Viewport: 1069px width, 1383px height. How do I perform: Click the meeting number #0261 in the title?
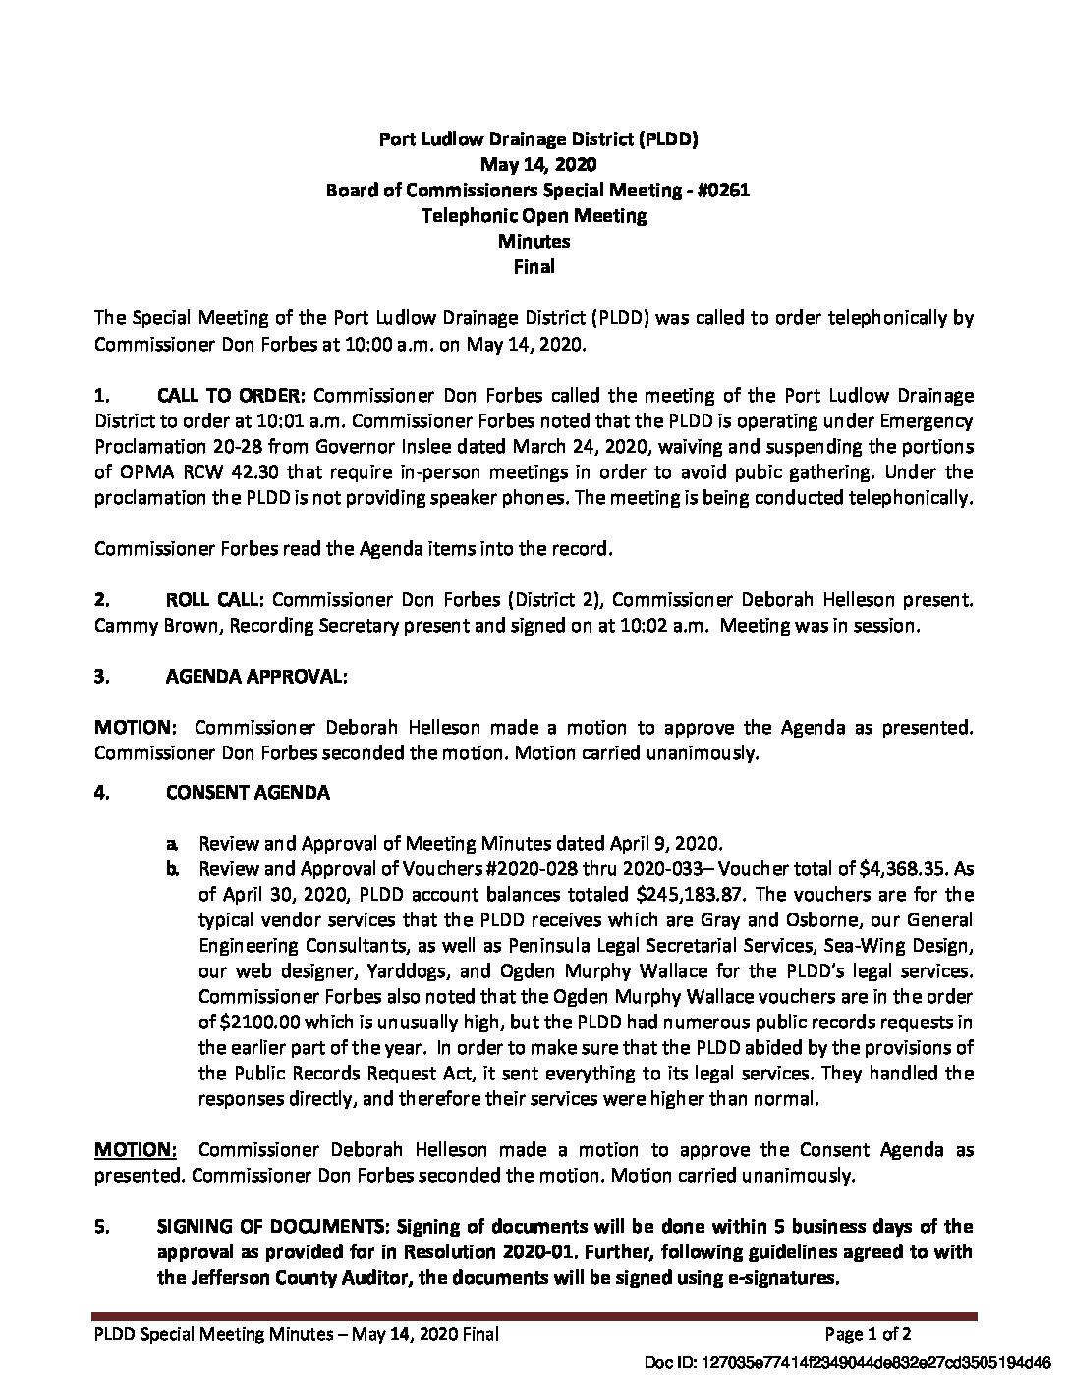click(x=721, y=191)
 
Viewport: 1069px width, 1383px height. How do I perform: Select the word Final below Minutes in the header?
click(x=534, y=266)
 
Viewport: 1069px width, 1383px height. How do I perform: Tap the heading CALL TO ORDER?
click(x=233, y=396)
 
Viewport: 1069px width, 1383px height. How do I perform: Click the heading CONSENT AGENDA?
click(x=248, y=792)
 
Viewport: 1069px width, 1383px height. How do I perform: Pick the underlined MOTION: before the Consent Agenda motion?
click(x=136, y=1150)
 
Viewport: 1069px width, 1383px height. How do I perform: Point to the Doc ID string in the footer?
click(x=847, y=1363)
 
